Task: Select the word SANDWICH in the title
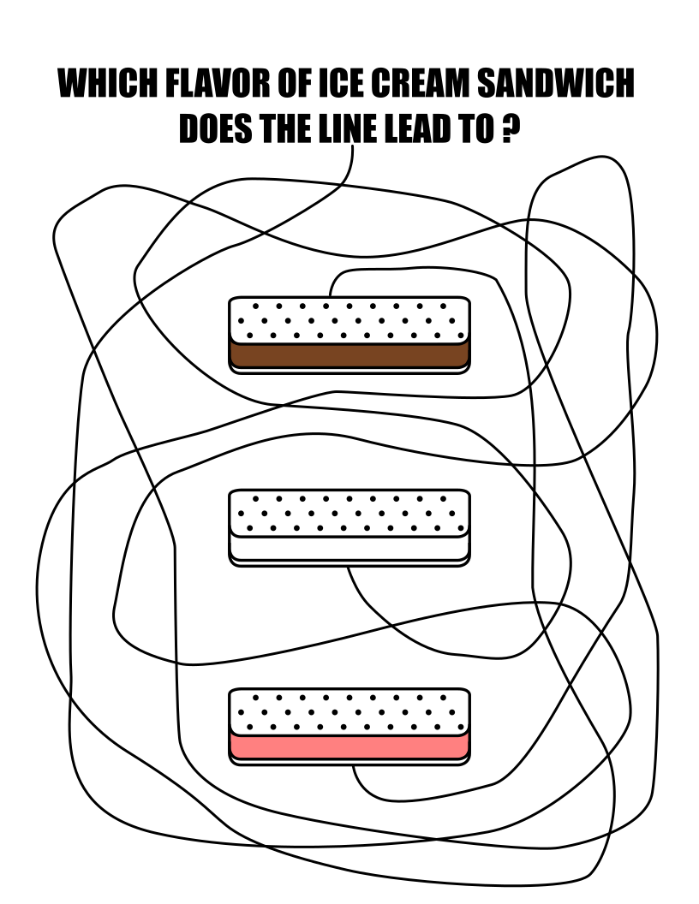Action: click(554, 85)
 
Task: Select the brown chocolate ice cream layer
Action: click(349, 354)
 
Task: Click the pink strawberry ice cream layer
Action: click(349, 746)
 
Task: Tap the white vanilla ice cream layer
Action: click(349, 547)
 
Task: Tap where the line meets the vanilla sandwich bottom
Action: click(348, 566)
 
